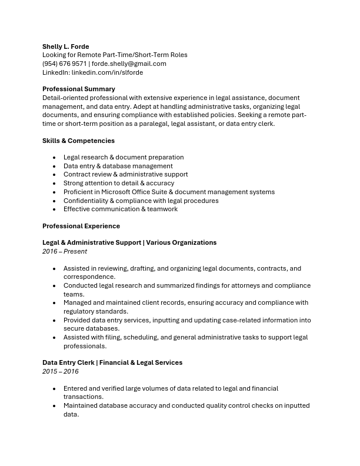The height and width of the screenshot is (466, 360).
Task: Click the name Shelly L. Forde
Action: point(65,46)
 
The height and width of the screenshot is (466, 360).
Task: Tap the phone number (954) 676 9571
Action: point(64,64)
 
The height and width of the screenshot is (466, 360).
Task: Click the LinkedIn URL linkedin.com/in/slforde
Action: point(107,72)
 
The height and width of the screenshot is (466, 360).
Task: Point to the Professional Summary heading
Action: point(78,89)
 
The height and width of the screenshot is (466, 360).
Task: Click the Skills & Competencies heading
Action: point(78,141)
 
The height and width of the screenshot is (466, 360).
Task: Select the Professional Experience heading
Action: point(81,226)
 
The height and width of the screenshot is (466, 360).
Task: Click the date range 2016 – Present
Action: point(65,251)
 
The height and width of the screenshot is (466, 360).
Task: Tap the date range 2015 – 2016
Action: point(60,371)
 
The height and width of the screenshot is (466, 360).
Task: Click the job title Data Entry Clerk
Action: point(68,362)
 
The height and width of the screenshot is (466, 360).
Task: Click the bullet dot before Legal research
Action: point(55,158)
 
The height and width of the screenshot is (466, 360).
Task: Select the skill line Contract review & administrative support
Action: point(125,174)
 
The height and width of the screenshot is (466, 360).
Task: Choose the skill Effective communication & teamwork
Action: point(120,209)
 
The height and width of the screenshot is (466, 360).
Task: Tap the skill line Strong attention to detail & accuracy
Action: point(119,183)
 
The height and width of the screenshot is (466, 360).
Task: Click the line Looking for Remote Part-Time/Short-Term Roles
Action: point(115,55)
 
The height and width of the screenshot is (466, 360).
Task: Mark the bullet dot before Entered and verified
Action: point(55,389)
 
